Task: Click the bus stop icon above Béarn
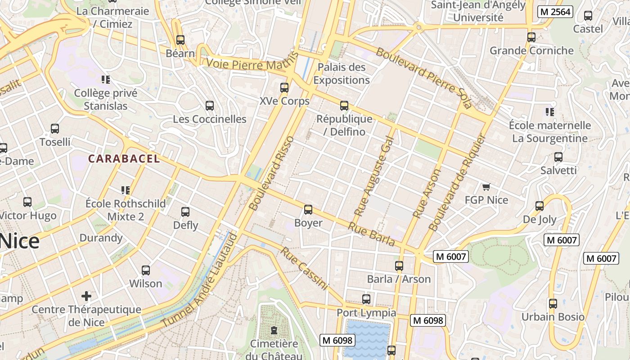pos(180,40)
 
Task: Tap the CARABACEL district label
pos(124,158)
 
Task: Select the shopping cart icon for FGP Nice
pos(486,187)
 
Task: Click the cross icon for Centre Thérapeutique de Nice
pos(86,296)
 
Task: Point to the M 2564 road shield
pos(555,12)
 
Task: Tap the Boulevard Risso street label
pos(271,173)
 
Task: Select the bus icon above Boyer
pos(308,210)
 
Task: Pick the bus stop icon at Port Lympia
pos(366,299)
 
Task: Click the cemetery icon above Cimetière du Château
pos(274,331)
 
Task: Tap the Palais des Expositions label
pos(342,74)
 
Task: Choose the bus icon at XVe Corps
pos(284,88)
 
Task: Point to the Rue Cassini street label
pos(304,268)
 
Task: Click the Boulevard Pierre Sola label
pos(423,78)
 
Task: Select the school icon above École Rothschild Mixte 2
pos(126,190)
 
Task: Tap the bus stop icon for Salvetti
pos(558,157)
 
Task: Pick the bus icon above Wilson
pos(146,270)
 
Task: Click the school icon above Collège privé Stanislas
pos(106,80)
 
